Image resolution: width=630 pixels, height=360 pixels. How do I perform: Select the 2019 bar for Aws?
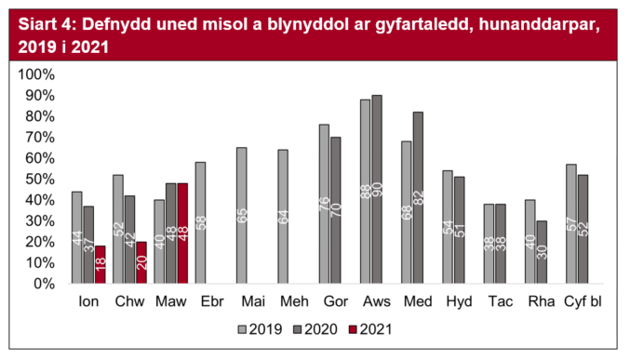click(x=365, y=192)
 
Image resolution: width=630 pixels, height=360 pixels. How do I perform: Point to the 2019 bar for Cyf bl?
click(x=571, y=224)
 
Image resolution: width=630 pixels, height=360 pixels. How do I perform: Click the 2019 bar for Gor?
click(x=324, y=205)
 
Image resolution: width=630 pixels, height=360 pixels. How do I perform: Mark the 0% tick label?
click(x=45, y=284)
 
